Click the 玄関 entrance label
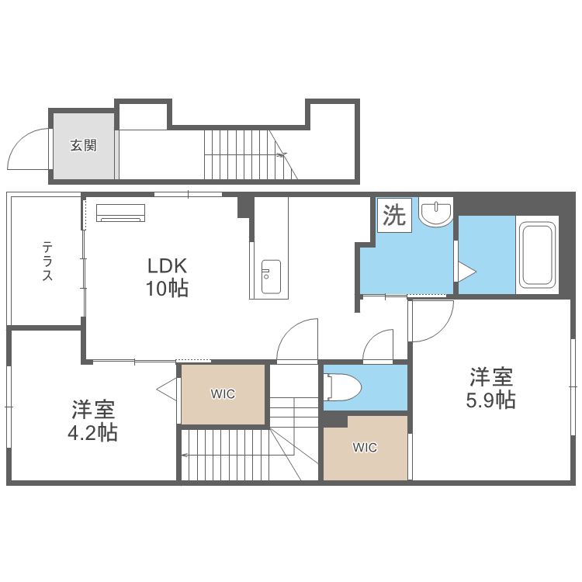[x=84, y=145]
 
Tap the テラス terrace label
[x=47, y=261]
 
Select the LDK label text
[x=167, y=265]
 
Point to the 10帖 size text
[x=167, y=288]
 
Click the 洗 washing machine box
[x=394, y=215]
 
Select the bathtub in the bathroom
[x=537, y=255]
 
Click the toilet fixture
[x=342, y=387]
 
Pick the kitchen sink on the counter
[x=271, y=276]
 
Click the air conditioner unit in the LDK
[x=120, y=213]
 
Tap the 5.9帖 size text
[x=490, y=400]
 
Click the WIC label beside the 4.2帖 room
[x=223, y=393]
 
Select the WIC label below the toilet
[x=365, y=448]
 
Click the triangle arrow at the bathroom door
[x=467, y=272]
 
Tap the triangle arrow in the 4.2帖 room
[x=167, y=390]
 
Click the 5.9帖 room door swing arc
[x=442, y=330]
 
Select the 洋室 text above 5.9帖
[x=490, y=376]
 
